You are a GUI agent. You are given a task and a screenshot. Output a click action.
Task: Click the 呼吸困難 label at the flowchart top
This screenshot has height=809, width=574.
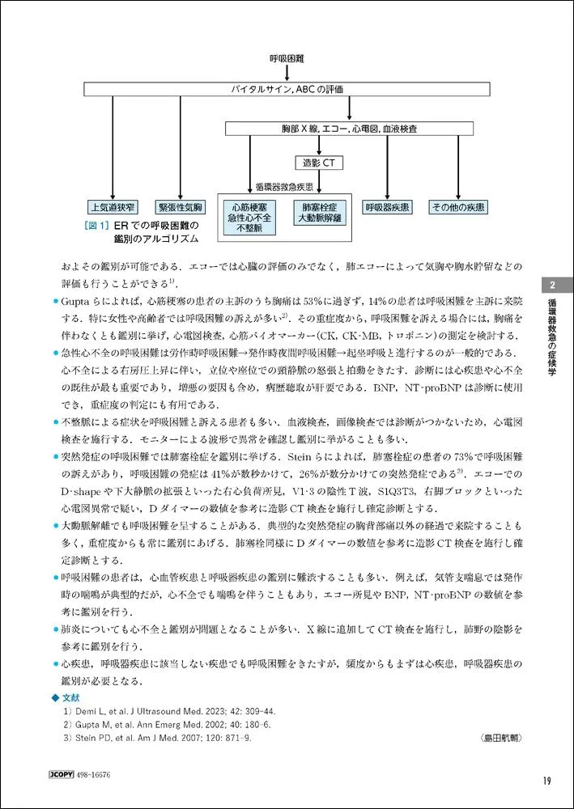(287, 59)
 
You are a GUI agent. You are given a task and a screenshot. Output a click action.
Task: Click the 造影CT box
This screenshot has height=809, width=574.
(319, 163)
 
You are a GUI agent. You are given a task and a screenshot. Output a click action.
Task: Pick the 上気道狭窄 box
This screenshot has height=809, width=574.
(113, 207)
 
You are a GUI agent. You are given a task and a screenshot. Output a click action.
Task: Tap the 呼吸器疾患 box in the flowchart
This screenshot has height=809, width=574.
(387, 207)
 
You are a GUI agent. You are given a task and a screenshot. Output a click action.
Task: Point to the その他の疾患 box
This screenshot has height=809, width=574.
(457, 207)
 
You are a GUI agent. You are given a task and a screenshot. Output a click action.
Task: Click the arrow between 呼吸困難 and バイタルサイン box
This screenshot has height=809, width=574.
(287, 73)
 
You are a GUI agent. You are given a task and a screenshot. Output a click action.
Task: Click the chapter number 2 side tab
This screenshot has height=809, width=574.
(551, 285)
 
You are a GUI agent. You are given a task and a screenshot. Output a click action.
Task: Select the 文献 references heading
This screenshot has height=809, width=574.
(71, 696)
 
